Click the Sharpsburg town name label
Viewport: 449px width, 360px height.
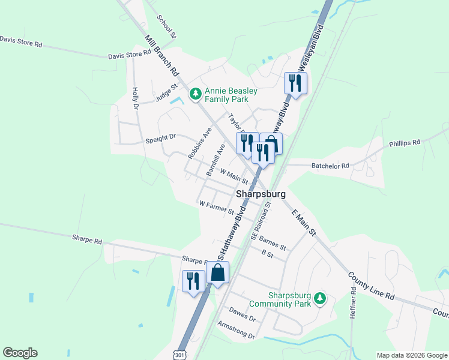point(261,194)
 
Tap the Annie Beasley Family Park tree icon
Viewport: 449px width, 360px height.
point(195,94)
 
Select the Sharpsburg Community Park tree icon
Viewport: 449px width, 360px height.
point(320,298)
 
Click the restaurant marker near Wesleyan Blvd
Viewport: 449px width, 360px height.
point(295,83)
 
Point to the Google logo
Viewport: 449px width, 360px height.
point(20,353)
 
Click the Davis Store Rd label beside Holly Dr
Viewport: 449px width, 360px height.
point(129,55)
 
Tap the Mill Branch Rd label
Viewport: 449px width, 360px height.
point(162,55)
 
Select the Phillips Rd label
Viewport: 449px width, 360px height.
point(405,143)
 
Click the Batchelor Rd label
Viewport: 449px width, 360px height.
point(330,166)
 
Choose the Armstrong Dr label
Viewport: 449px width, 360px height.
point(237,329)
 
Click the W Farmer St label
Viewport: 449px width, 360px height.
point(216,207)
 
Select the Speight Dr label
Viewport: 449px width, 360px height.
point(160,138)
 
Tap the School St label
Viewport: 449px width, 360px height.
point(166,26)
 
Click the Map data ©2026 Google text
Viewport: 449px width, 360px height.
point(411,355)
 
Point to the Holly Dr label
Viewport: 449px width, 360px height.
point(134,98)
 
